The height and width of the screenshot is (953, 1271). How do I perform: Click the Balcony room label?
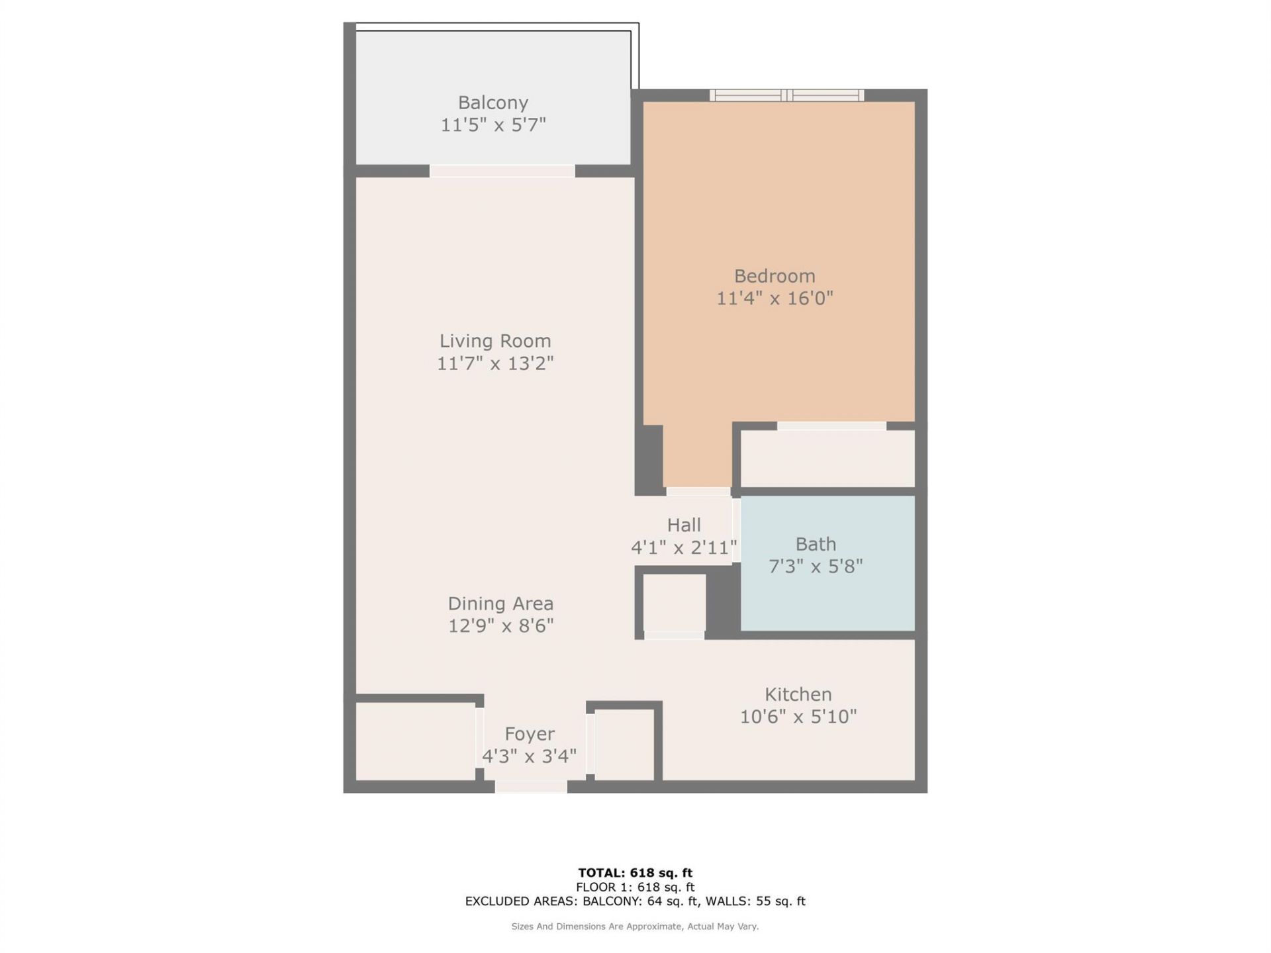pos(493,103)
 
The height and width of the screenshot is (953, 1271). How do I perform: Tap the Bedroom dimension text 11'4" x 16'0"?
pos(775,298)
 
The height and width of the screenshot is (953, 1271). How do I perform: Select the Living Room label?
pos(495,341)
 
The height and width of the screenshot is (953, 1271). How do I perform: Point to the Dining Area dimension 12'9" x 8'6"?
pos(500,625)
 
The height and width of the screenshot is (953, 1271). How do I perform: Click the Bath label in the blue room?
pos(816,544)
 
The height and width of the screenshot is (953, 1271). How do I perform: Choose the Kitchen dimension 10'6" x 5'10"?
pos(798,717)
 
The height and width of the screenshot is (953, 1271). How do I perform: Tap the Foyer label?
pos(530,734)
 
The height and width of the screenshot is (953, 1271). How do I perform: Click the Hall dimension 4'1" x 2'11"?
pos(684,547)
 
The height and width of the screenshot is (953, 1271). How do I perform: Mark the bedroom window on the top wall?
pos(786,95)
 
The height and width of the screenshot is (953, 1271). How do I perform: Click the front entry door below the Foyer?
pos(531,787)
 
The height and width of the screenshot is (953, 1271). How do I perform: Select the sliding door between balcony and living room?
pos(502,171)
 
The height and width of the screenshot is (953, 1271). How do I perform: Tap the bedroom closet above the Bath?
pos(827,459)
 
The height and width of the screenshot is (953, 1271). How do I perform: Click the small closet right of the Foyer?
pos(624,745)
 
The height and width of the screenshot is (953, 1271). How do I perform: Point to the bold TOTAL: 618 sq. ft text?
pos(635,873)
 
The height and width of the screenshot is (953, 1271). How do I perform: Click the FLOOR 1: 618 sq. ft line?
pos(635,887)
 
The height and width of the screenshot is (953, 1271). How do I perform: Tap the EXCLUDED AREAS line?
pos(635,901)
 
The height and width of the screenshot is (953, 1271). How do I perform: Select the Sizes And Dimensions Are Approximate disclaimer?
pos(635,927)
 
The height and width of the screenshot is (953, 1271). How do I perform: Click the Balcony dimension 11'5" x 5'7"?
pos(493,125)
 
